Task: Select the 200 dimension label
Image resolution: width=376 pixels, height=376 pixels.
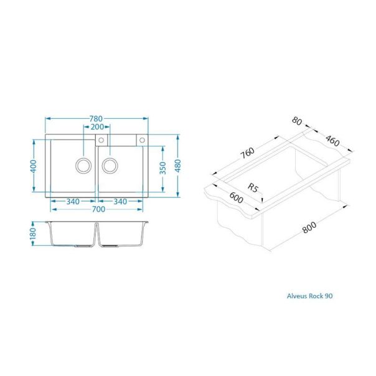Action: [x=96, y=126]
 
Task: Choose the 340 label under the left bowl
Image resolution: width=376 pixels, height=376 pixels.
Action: [x=73, y=201]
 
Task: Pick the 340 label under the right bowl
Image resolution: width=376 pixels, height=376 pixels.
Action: [x=121, y=201]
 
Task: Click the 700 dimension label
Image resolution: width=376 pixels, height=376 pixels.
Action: [x=96, y=210]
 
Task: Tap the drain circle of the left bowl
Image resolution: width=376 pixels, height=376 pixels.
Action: [x=82, y=166]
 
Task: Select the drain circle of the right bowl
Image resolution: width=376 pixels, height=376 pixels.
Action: [x=110, y=166]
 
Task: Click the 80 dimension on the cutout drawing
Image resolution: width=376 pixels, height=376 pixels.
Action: [x=296, y=122]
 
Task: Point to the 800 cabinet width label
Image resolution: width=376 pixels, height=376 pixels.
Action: [x=309, y=228]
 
